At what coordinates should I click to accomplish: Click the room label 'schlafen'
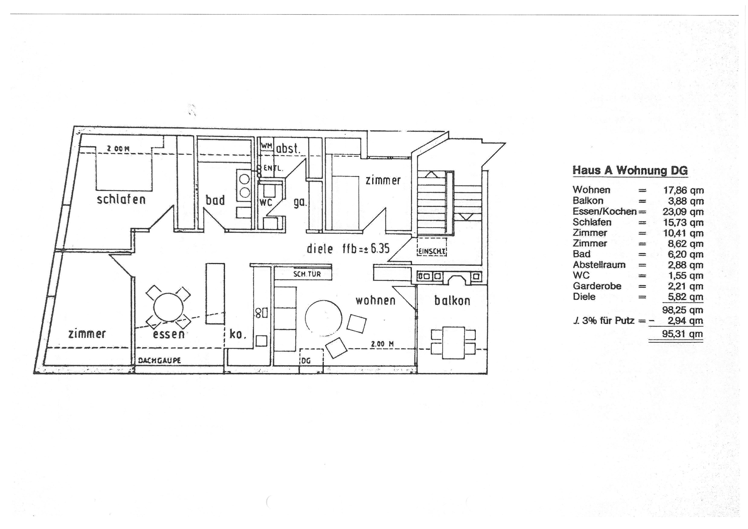[121, 199]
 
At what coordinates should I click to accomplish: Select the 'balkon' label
[452, 300]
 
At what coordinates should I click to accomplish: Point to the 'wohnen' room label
[376, 300]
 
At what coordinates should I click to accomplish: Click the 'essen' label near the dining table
[169, 334]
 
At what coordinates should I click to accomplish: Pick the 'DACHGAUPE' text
[160, 360]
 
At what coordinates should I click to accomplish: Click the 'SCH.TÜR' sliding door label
[307, 274]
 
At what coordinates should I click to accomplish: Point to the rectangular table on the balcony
[453, 343]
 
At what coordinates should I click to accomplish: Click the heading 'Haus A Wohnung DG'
[630, 170]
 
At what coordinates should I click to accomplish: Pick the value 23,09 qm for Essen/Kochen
[683, 212]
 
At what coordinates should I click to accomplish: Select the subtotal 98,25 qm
[683, 310]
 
